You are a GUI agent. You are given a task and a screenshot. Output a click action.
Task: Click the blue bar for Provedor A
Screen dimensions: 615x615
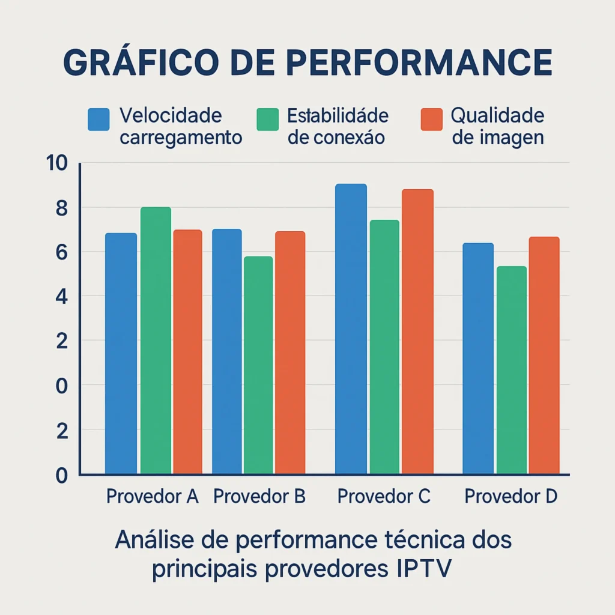point(121,354)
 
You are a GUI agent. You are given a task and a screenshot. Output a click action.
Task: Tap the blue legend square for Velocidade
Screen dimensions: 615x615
point(98,119)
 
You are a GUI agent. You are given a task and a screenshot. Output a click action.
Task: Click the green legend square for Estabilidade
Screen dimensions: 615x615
point(267,119)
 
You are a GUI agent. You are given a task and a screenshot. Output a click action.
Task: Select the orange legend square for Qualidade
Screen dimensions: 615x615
point(432,119)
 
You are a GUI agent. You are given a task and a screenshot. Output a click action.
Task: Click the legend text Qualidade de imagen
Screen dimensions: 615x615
point(497,126)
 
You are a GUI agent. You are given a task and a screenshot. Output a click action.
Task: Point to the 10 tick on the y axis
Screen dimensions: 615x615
point(58,163)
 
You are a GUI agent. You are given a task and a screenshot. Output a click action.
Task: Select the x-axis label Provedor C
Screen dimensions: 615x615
point(384,497)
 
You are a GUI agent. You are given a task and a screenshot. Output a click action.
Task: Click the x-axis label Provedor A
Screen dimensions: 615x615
point(152,497)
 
